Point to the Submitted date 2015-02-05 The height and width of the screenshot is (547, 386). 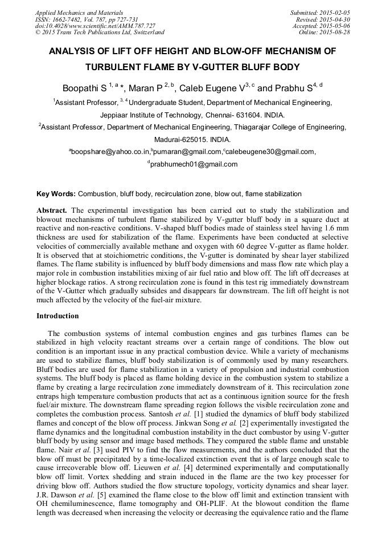point(335,12)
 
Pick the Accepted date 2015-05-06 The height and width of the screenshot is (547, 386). point(335,26)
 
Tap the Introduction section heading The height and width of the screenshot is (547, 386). point(58,315)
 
